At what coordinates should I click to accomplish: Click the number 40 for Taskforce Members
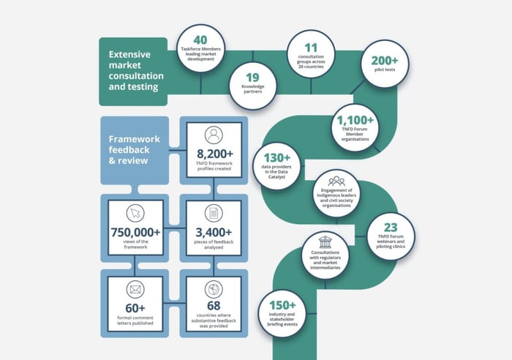(x=200, y=40)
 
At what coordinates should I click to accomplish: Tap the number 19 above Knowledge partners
(x=252, y=78)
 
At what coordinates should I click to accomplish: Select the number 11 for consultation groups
(x=311, y=48)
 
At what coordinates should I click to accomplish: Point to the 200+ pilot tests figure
(x=385, y=61)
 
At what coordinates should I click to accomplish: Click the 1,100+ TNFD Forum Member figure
(x=355, y=120)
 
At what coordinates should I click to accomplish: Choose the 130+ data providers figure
(x=277, y=158)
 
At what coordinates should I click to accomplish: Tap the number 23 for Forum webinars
(x=391, y=228)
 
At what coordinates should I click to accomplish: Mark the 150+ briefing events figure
(x=282, y=305)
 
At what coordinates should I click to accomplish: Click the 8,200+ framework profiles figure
(x=215, y=154)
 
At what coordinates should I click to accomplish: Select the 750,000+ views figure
(x=135, y=232)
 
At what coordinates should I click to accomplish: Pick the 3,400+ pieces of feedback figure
(x=214, y=232)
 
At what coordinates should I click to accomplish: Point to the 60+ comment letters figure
(x=135, y=308)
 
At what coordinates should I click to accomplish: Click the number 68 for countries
(x=214, y=306)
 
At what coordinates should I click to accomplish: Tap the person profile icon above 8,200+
(x=214, y=135)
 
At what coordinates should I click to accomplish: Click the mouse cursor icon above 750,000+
(x=135, y=214)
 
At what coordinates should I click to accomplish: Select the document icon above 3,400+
(x=214, y=214)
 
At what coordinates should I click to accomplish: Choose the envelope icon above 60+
(x=135, y=290)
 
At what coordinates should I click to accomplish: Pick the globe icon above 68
(x=214, y=289)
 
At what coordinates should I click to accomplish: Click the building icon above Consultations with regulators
(x=325, y=242)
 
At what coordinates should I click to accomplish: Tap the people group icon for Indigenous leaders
(x=336, y=181)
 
